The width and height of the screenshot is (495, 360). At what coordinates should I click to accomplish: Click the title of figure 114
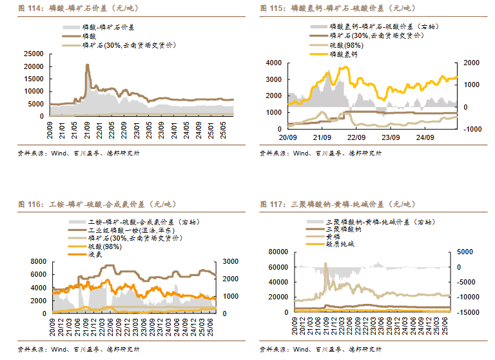80,8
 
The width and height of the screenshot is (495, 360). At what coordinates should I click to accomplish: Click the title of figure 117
335,205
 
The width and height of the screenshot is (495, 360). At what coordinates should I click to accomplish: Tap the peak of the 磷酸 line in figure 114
88,65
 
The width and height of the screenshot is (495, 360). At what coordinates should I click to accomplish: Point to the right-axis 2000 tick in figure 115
469,63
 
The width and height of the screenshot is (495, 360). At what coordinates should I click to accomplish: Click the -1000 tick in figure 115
469,129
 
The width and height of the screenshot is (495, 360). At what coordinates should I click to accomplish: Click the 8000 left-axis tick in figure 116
37,261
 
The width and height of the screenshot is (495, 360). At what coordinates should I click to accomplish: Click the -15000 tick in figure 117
468,312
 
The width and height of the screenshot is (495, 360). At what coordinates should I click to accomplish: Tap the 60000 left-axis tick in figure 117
280,267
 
